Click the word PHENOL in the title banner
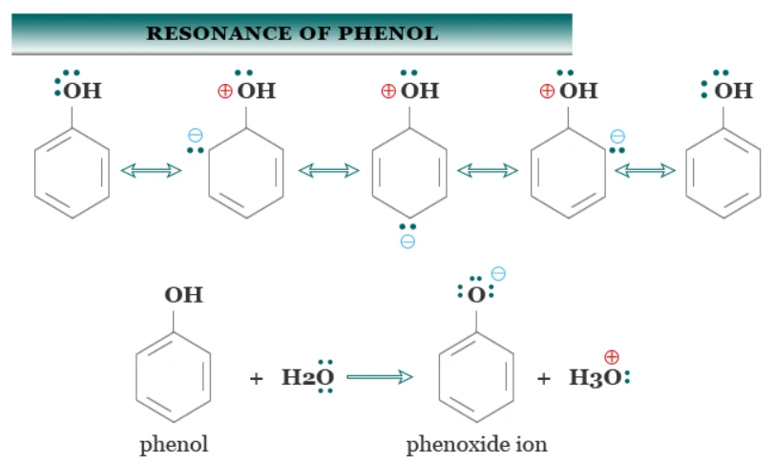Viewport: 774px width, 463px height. point(387,33)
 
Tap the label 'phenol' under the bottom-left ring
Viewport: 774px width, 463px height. point(174,445)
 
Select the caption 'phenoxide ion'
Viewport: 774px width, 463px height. point(476,444)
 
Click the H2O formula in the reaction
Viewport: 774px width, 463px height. point(307,378)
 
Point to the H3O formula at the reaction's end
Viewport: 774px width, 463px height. point(596,378)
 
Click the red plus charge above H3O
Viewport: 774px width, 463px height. point(611,356)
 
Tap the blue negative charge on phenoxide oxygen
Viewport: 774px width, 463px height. point(498,273)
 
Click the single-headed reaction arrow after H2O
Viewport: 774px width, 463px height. point(380,377)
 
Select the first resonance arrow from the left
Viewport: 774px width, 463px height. point(151,171)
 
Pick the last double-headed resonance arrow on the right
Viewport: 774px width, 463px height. point(644,171)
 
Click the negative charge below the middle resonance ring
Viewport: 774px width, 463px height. point(408,242)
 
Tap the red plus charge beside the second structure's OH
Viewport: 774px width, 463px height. point(224,91)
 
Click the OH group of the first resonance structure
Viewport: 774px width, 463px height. point(82,91)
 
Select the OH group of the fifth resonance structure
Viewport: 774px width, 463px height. point(734,91)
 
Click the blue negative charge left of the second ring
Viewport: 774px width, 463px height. point(196,136)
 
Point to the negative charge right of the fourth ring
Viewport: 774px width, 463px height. point(617,137)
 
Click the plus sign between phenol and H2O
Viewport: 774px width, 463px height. point(256,379)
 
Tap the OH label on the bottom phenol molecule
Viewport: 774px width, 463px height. point(183,295)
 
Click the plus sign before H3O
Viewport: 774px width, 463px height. point(543,379)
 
